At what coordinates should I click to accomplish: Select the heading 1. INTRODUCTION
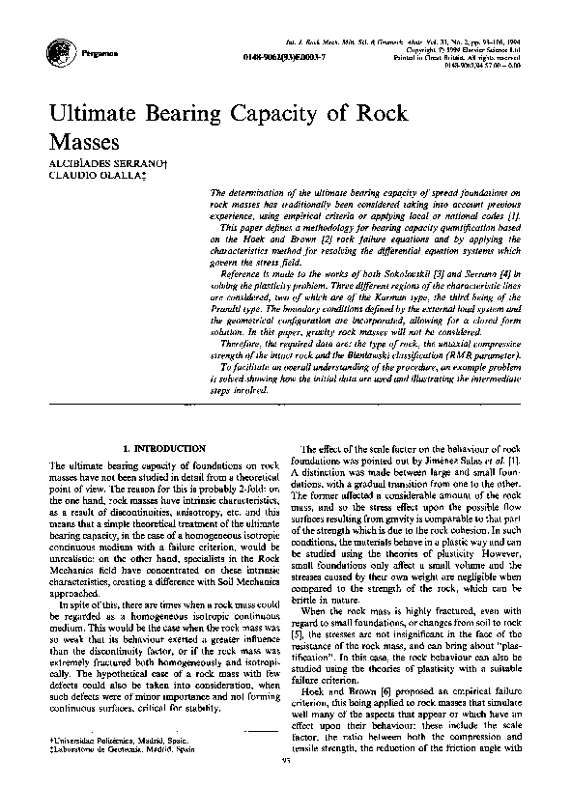[x=165, y=449]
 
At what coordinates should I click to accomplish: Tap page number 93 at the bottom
[x=286, y=760]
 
